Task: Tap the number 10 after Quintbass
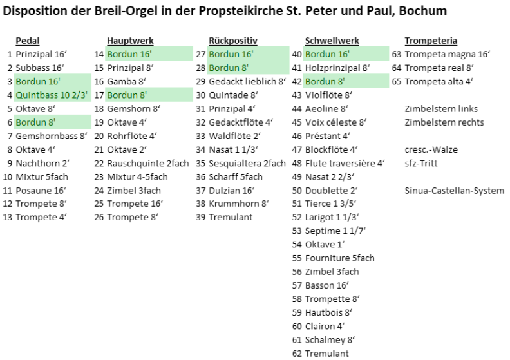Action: coord(65,95)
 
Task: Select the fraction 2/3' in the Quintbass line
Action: coord(80,95)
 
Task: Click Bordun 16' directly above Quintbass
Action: coord(38,82)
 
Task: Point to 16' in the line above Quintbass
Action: coord(53,82)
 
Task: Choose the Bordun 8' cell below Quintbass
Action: coord(35,122)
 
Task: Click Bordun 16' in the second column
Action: coord(129,54)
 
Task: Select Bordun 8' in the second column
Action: coord(127,95)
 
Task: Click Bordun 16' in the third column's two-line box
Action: coord(231,54)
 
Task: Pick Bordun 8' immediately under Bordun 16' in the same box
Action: coord(229,68)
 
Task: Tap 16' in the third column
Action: coord(247,54)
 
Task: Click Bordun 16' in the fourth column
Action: coord(327,54)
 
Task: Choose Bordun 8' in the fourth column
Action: coord(325,82)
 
